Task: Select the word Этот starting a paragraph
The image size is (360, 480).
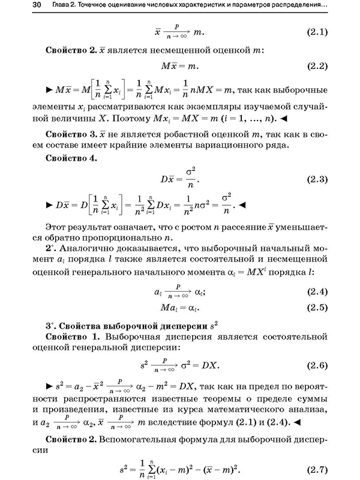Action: tap(56, 227)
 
